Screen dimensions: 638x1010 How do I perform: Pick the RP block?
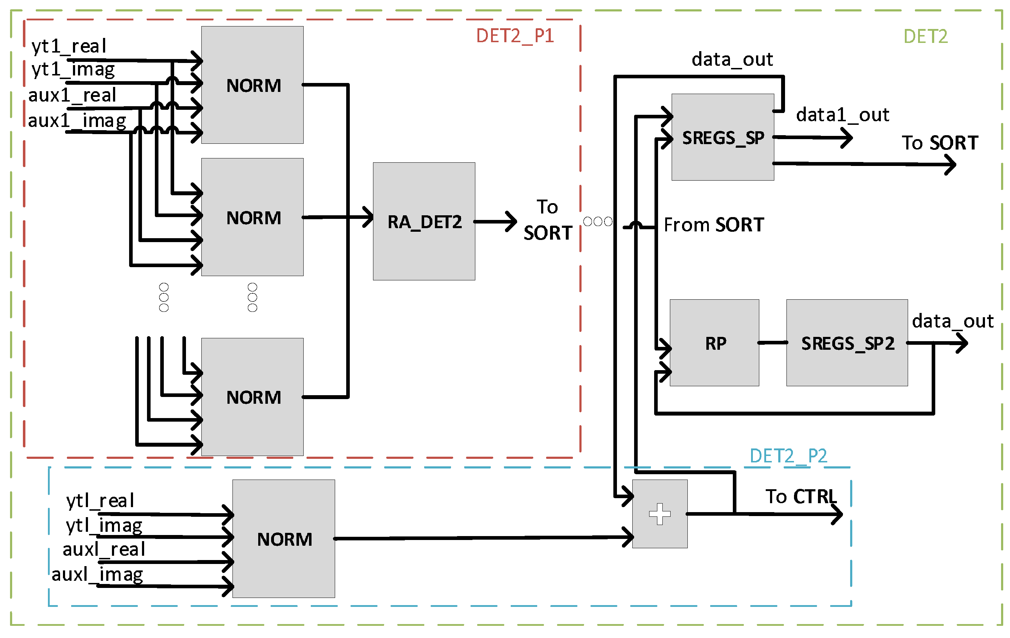click(714, 343)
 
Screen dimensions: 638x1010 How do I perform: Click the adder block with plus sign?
click(660, 514)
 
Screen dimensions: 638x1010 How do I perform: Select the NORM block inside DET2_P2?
click(284, 539)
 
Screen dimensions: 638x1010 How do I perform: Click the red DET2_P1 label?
click(515, 36)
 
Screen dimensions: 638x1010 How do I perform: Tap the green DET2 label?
click(925, 37)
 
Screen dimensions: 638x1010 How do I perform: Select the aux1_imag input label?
click(77, 121)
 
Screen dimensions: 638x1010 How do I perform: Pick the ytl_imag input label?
click(104, 525)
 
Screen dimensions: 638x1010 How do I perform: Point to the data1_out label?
click(842, 115)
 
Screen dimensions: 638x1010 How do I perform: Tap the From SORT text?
click(714, 225)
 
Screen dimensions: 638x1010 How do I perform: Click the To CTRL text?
click(801, 497)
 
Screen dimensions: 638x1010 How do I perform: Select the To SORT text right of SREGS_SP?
click(940, 143)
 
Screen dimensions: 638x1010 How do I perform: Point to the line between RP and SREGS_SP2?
click(773, 343)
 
